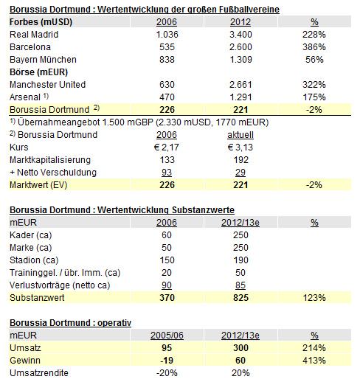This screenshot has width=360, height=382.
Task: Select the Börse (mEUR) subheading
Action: (32, 71)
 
